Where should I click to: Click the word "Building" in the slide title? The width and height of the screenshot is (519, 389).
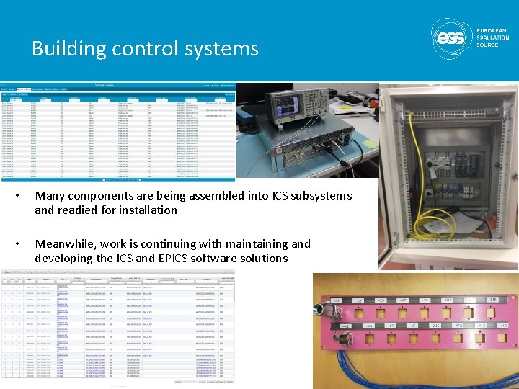click(68, 48)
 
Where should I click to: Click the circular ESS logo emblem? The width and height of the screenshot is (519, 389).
click(452, 38)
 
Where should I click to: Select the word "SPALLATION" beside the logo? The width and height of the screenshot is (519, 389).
click(493, 38)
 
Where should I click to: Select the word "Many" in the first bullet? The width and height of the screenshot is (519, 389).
click(49, 196)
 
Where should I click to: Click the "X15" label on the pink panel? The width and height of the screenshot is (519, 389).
click(493, 300)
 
